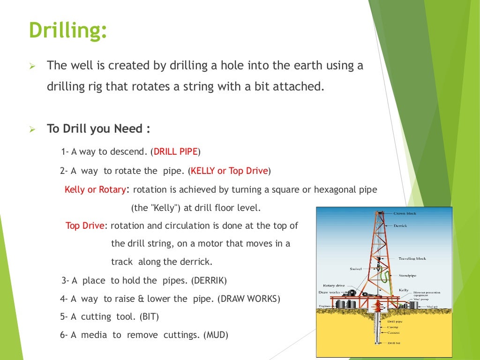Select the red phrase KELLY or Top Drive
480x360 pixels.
click(229, 171)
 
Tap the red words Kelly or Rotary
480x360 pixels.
click(95, 189)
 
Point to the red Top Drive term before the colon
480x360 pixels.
click(85, 225)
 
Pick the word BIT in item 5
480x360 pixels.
click(149, 316)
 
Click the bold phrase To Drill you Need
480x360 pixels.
click(95, 128)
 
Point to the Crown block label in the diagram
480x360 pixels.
click(405, 213)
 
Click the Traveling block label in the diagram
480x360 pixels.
click(412, 258)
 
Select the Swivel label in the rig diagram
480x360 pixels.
click(356, 269)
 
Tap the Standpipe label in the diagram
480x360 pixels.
click(407, 275)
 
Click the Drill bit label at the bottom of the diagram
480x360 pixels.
click(394, 343)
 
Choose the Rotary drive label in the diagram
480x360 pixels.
click(334, 285)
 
